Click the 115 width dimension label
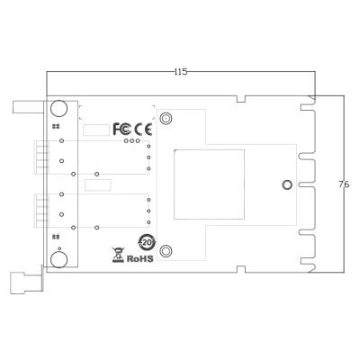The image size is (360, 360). pos(181,71)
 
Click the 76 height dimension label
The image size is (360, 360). pos(343,184)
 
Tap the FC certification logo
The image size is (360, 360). pos(122,129)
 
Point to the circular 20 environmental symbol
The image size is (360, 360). pos(145,242)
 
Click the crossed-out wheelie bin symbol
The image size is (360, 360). pos(117,254)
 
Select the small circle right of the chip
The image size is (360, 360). pos(287,184)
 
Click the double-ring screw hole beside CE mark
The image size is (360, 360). pos(166,118)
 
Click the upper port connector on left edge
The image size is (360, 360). pos(39,157)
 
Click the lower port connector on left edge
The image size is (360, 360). pos(39,211)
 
